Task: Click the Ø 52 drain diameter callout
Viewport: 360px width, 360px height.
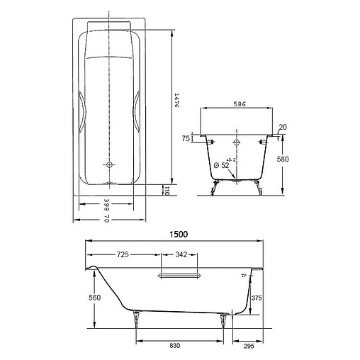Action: [x=221, y=165]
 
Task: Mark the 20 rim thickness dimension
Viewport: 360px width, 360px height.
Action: [x=283, y=128]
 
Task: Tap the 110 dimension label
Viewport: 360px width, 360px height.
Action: [x=166, y=189]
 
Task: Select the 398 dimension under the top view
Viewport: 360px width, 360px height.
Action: [x=105, y=206]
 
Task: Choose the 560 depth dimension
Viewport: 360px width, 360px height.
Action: [x=86, y=298]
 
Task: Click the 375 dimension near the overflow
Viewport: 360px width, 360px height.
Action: [x=257, y=299]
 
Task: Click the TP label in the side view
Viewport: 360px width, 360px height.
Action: [x=243, y=274]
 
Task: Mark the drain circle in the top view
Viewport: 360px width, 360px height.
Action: [x=109, y=165]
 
